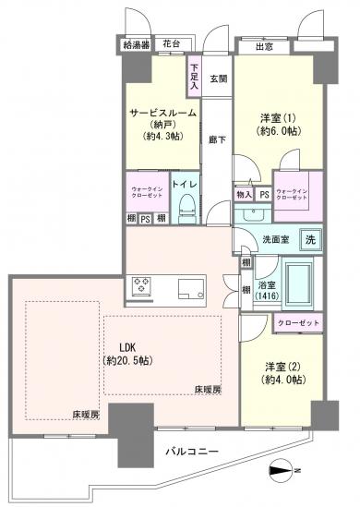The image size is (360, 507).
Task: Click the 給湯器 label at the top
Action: pos(137,44)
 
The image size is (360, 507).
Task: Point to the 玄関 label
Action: pos(217,79)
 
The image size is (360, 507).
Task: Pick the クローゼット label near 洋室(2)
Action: pos(296,322)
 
